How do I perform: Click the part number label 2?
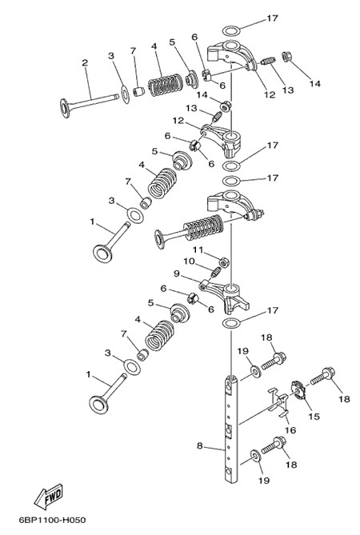[x=85, y=63]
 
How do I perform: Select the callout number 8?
[x=200, y=445]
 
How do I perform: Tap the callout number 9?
[x=176, y=273]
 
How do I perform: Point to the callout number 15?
[x=314, y=417]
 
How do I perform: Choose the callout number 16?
[x=290, y=430]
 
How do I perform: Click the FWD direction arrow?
[x=49, y=496]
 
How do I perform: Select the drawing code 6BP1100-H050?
[x=52, y=521]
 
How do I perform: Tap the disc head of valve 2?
[x=65, y=108]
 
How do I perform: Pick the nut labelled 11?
[x=224, y=262]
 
